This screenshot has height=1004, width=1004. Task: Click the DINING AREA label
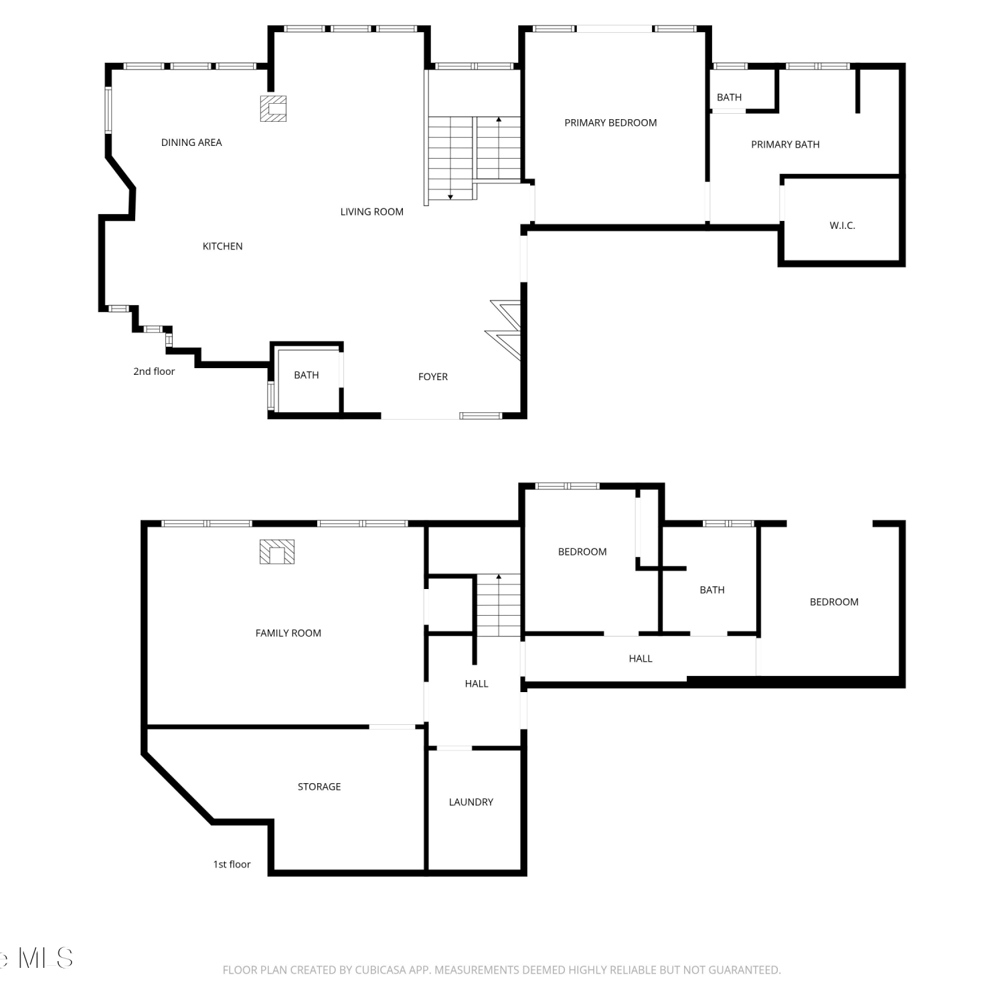pos(191,142)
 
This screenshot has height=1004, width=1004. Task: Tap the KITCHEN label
pos(223,246)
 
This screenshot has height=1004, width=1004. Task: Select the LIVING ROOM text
pos(372,212)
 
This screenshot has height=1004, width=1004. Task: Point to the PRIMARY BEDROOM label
pos(610,122)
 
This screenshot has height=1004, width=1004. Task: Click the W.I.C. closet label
pos(843,226)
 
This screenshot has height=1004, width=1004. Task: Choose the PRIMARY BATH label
pos(785,145)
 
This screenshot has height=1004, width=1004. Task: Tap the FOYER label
pos(433,377)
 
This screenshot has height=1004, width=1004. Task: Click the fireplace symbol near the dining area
pos(273,108)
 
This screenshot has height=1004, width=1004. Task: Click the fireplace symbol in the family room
pos(277,552)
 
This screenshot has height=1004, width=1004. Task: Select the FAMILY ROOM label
pos(288,633)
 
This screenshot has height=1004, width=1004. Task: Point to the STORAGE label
pos(319,787)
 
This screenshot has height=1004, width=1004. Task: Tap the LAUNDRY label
pos(471,802)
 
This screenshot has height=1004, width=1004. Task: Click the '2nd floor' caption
pos(154,371)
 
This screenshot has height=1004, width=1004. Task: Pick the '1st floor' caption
pos(232,864)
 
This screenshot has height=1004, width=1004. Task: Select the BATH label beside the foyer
pos(307,375)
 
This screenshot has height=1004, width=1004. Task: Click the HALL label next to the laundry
pos(477,683)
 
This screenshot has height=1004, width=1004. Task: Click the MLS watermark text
pos(46,958)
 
